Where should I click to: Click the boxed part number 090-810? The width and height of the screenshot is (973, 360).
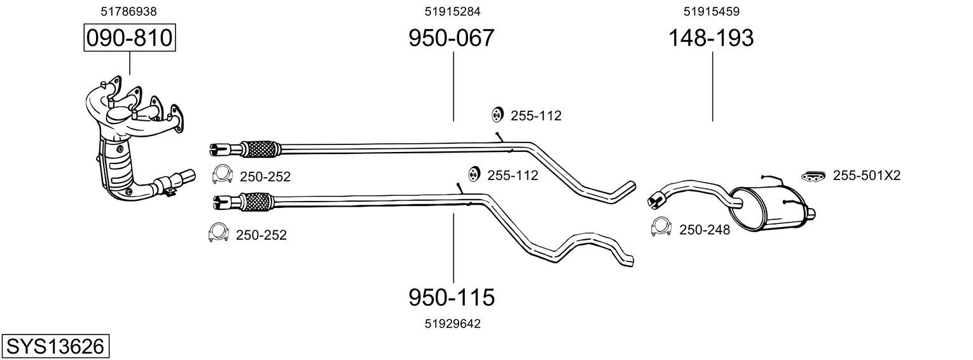pos(130,38)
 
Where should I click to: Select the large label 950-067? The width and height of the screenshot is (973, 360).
pos(452,38)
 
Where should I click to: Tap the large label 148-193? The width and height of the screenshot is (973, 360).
pos(710,38)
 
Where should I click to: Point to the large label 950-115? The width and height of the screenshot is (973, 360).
pos(452,298)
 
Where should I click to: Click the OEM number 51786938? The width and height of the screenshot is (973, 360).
pos(128,11)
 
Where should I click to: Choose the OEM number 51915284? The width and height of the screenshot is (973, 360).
pos(452,11)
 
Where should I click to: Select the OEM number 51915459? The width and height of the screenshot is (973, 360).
pos(711,11)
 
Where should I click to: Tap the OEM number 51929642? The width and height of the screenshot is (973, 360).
pos(453,324)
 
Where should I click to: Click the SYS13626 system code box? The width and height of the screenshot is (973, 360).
pos(55,347)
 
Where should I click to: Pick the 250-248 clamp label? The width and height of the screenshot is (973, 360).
pos(705,230)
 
